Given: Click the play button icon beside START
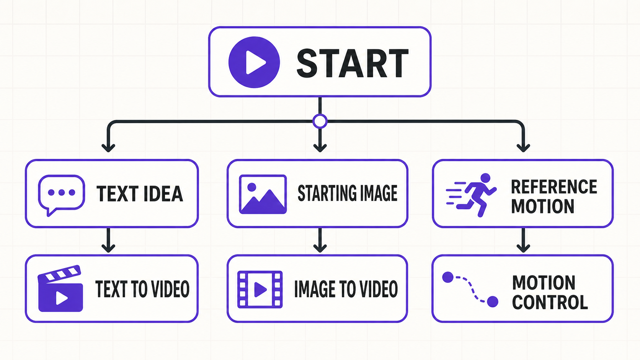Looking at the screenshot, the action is (254, 62).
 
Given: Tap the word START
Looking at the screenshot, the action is (353, 63).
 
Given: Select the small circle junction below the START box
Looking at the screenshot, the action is (320, 121).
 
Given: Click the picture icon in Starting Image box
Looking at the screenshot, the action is (263, 194).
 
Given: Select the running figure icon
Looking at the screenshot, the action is (472, 195).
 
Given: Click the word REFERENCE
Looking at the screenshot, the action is (554, 187).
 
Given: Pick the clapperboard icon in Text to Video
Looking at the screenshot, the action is (60, 288).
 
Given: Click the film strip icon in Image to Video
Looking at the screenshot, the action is (260, 290).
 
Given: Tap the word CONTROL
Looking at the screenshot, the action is (550, 302).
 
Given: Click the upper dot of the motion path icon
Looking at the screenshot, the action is (448, 277).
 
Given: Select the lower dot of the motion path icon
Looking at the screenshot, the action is (492, 302).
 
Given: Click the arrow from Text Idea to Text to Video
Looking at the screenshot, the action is (108, 240).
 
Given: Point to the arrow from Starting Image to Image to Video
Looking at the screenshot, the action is (320, 240).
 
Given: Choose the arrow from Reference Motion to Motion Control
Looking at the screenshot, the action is (523, 240).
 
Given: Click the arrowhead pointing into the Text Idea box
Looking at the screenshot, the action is (108, 148).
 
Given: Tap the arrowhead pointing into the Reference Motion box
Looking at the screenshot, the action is (523, 148).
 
